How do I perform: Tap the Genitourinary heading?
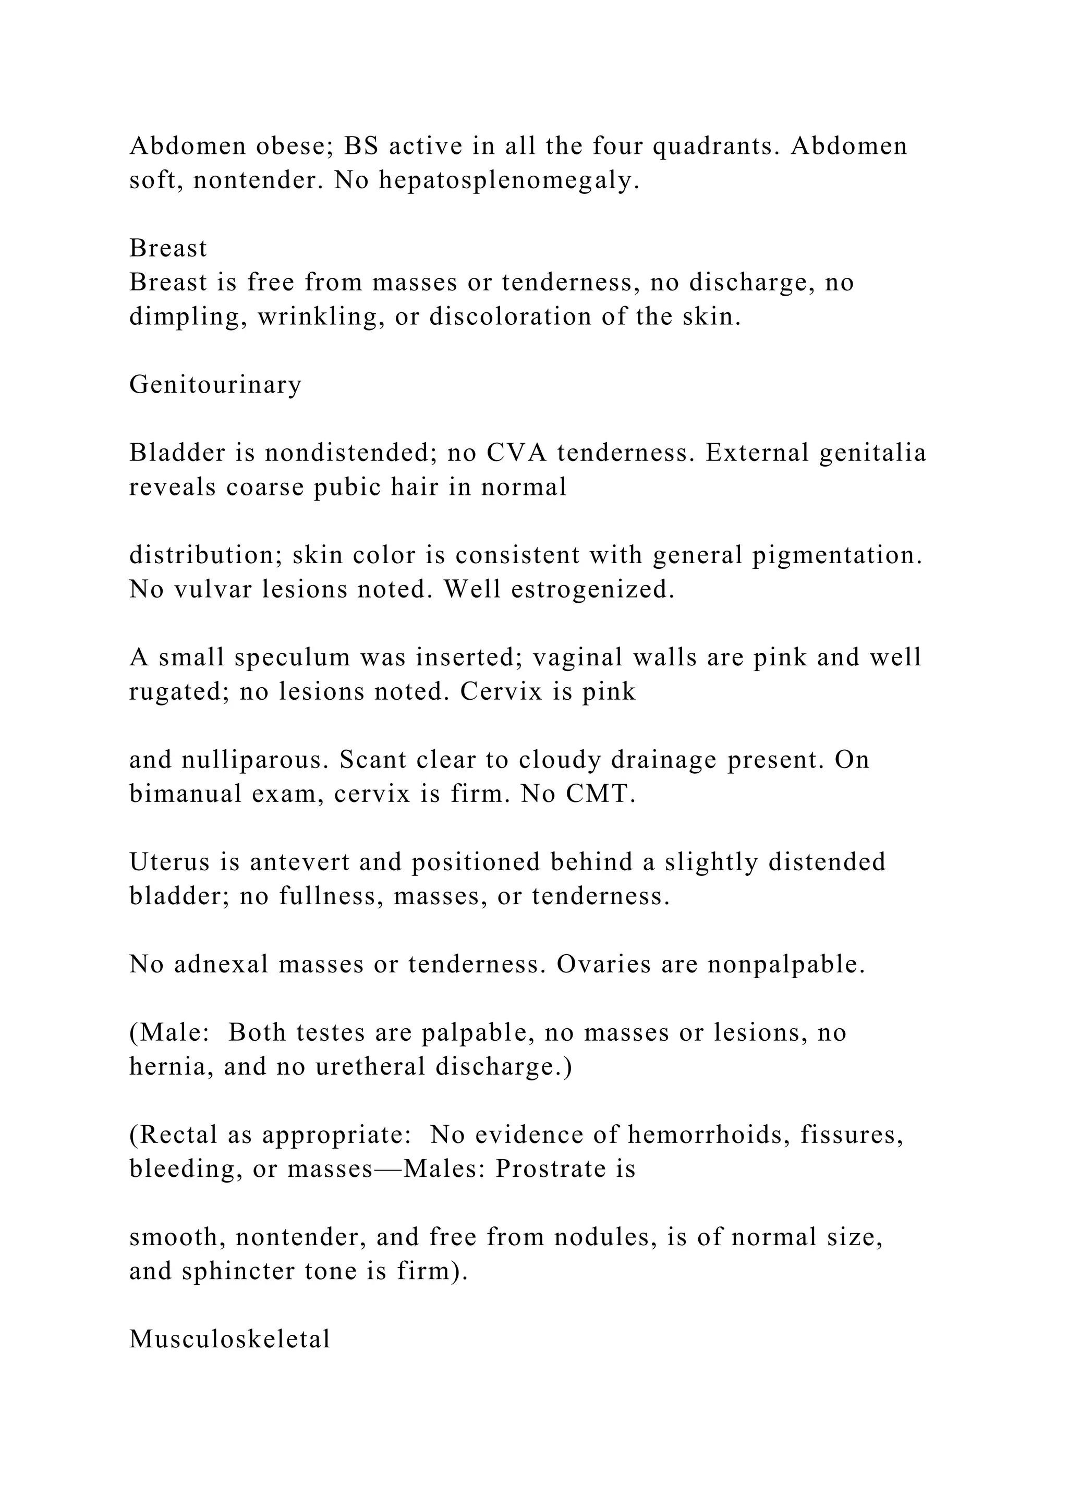215,385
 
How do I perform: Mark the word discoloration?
511,316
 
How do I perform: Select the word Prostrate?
556,1168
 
